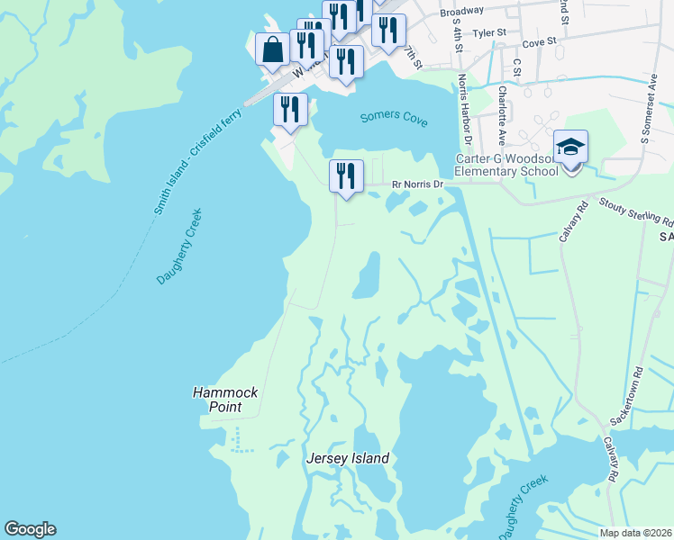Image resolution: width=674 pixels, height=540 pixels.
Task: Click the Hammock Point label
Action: [217, 400]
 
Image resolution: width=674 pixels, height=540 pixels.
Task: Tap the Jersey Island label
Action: [348, 458]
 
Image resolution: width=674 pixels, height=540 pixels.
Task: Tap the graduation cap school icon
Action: [570, 147]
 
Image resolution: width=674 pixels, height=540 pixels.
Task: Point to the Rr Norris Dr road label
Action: [418, 184]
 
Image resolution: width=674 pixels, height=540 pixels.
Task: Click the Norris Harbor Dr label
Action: [465, 109]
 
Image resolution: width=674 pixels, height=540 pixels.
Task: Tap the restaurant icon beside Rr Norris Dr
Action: [345, 175]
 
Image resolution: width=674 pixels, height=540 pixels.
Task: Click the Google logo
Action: [30, 529]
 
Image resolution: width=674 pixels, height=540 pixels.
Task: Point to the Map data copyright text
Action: [635, 533]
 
